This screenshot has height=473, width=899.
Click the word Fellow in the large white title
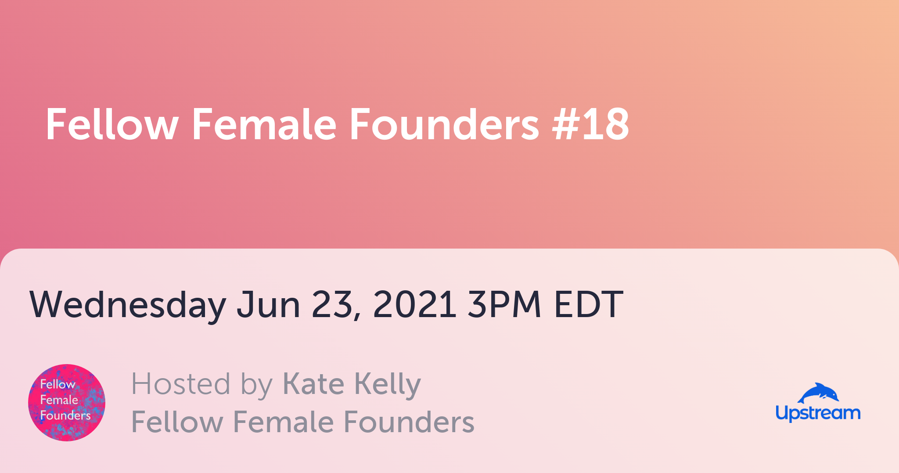click(x=112, y=124)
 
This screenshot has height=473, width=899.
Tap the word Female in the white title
click(x=264, y=124)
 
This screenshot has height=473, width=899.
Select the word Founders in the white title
click(x=444, y=124)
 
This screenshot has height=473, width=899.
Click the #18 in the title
click(x=591, y=124)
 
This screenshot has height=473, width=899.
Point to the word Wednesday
click(x=128, y=305)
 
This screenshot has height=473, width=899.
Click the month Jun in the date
click(x=268, y=304)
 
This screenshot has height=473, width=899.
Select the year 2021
click(x=414, y=304)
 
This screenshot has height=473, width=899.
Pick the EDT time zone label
click(x=589, y=304)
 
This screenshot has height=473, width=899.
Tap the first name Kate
click(x=313, y=384)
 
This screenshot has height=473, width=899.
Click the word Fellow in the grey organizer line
click(x=177, y=422)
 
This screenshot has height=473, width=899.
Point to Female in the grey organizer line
click(x=284, y=422)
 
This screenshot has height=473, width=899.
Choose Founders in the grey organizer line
click(x=409, y=422)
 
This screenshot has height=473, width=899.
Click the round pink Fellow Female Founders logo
click(x=67, y=403)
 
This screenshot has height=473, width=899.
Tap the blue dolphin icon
click(x=818, y=393)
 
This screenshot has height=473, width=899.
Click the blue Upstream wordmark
click(x=818, y=413)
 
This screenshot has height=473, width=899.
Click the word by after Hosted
click(x=257, y=386)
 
